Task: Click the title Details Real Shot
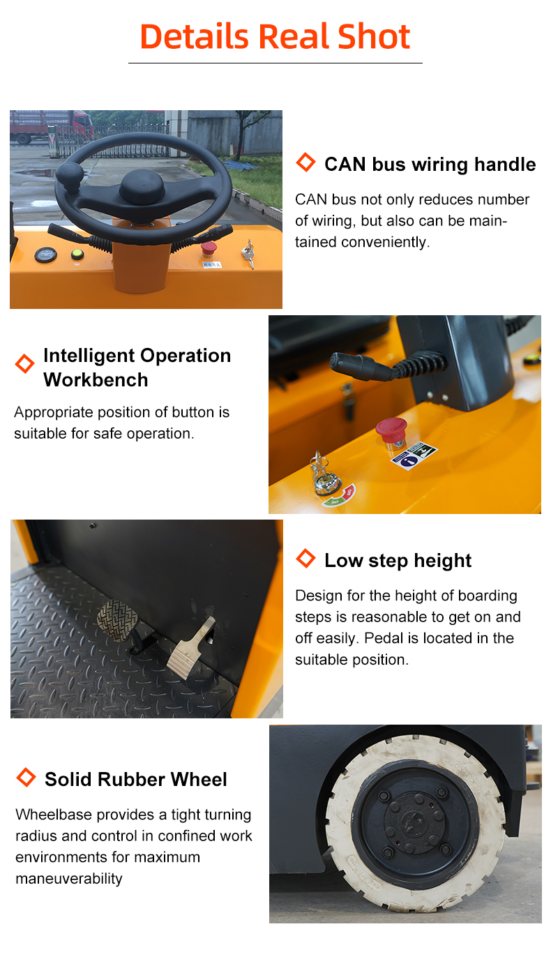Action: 275,36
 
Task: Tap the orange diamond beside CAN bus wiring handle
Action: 305,162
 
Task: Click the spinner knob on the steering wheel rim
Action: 70,176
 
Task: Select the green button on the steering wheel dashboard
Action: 77,254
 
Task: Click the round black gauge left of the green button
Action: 46,255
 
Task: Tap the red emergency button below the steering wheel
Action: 209,248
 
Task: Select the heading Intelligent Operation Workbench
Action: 137,368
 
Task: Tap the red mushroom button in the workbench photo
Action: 391,430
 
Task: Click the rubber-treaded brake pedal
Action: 117,620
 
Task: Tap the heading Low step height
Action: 398,560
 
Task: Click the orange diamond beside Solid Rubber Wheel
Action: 26,777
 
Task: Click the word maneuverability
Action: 69,878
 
